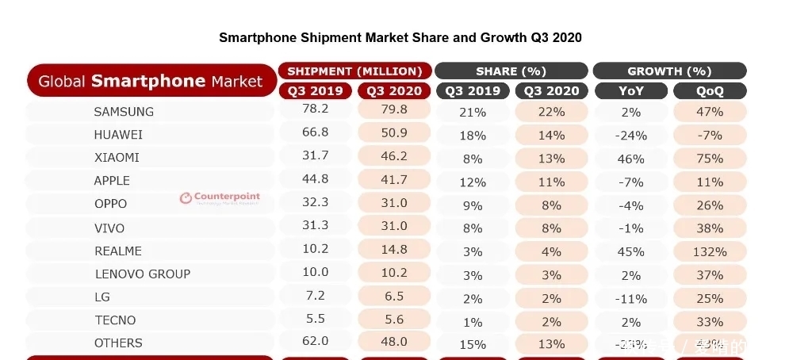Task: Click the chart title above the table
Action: (400, 37)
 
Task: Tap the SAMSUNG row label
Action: (124, 111)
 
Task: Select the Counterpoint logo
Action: (220, 197)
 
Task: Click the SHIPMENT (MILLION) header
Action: (354, 71)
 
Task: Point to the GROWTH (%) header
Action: (669, 71)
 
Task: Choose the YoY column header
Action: (631, 90)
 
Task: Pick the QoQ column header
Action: (710, 90)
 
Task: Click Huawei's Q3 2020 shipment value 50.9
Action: (394, 134)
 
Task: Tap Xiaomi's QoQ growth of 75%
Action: (710, 159)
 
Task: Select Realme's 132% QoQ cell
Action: (710, 251)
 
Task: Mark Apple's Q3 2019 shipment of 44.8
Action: (316, 180)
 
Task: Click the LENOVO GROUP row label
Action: (143, 274)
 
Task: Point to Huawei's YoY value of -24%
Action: (631, 136)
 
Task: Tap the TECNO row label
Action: (115, 320)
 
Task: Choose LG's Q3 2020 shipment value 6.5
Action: (394, 296)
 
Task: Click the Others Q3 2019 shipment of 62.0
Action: (316, 343)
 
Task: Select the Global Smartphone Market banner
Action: (151, 81)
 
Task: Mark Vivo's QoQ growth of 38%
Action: (710, 228)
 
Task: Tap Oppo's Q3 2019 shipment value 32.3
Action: (316, 203)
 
